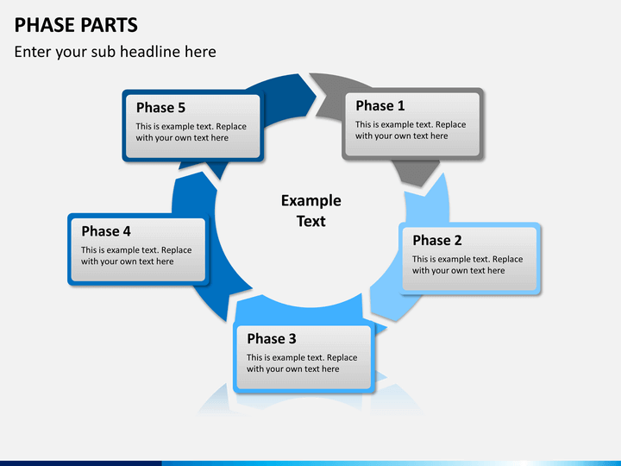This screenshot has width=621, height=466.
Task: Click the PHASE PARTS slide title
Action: click(x=76, y=24)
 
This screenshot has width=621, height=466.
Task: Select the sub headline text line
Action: click(x=115, y=52)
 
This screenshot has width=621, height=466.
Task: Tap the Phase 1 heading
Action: click(x=380, y=105)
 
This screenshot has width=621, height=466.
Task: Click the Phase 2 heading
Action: click(x=436, y=240)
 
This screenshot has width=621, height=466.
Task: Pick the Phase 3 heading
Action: click(x=272, y=338)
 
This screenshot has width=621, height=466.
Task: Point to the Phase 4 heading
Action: click(x=106, y=231)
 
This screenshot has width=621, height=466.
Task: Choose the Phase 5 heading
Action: click(x=160, y=107)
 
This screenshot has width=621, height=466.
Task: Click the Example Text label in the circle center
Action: click(x=310, y=211)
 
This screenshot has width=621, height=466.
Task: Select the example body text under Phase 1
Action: click(x=411, y=130)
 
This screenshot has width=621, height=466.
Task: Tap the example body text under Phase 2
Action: click(x=467, y=265)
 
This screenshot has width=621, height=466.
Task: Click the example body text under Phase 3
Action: click(x=302, y=363)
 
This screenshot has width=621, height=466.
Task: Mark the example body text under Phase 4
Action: click(x=136, y=256)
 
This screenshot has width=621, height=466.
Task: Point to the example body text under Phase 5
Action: click(x=191, y=132)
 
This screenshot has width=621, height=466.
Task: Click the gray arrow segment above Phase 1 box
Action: click(x=332, y=84)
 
